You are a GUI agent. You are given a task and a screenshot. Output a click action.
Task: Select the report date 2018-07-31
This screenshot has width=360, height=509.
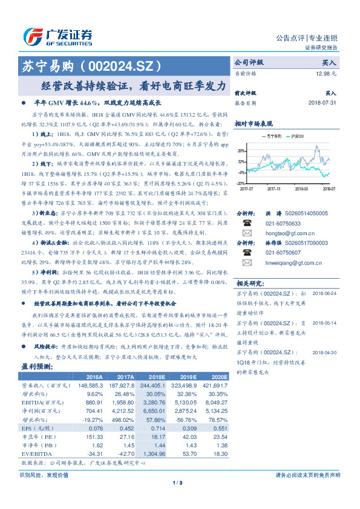click(x=322, y=103)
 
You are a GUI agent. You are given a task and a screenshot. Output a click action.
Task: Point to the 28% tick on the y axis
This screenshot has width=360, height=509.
click(x=241, y=151)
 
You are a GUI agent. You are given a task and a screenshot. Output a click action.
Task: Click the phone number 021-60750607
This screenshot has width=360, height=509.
click(x=282, y=252)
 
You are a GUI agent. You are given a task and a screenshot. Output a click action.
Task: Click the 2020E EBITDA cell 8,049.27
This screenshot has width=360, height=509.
click(x=214, y=401)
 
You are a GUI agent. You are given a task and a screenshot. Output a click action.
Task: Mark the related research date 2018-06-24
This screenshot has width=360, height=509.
click(x=326, y=293)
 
